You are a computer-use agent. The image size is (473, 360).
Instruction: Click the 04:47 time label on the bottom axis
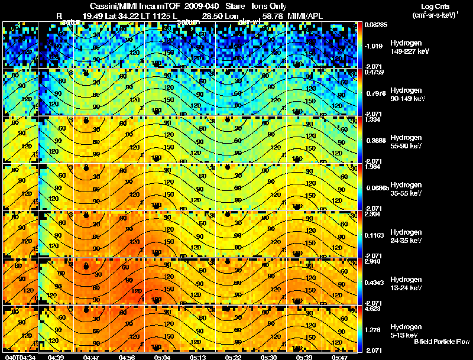(92, 357)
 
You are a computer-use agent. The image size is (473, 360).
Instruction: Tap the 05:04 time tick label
(162, 357)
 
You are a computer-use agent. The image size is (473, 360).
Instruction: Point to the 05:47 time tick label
(340, 357)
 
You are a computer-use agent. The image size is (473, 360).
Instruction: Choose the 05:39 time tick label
(304, 357)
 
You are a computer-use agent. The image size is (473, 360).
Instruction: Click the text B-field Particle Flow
(441, 342)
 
